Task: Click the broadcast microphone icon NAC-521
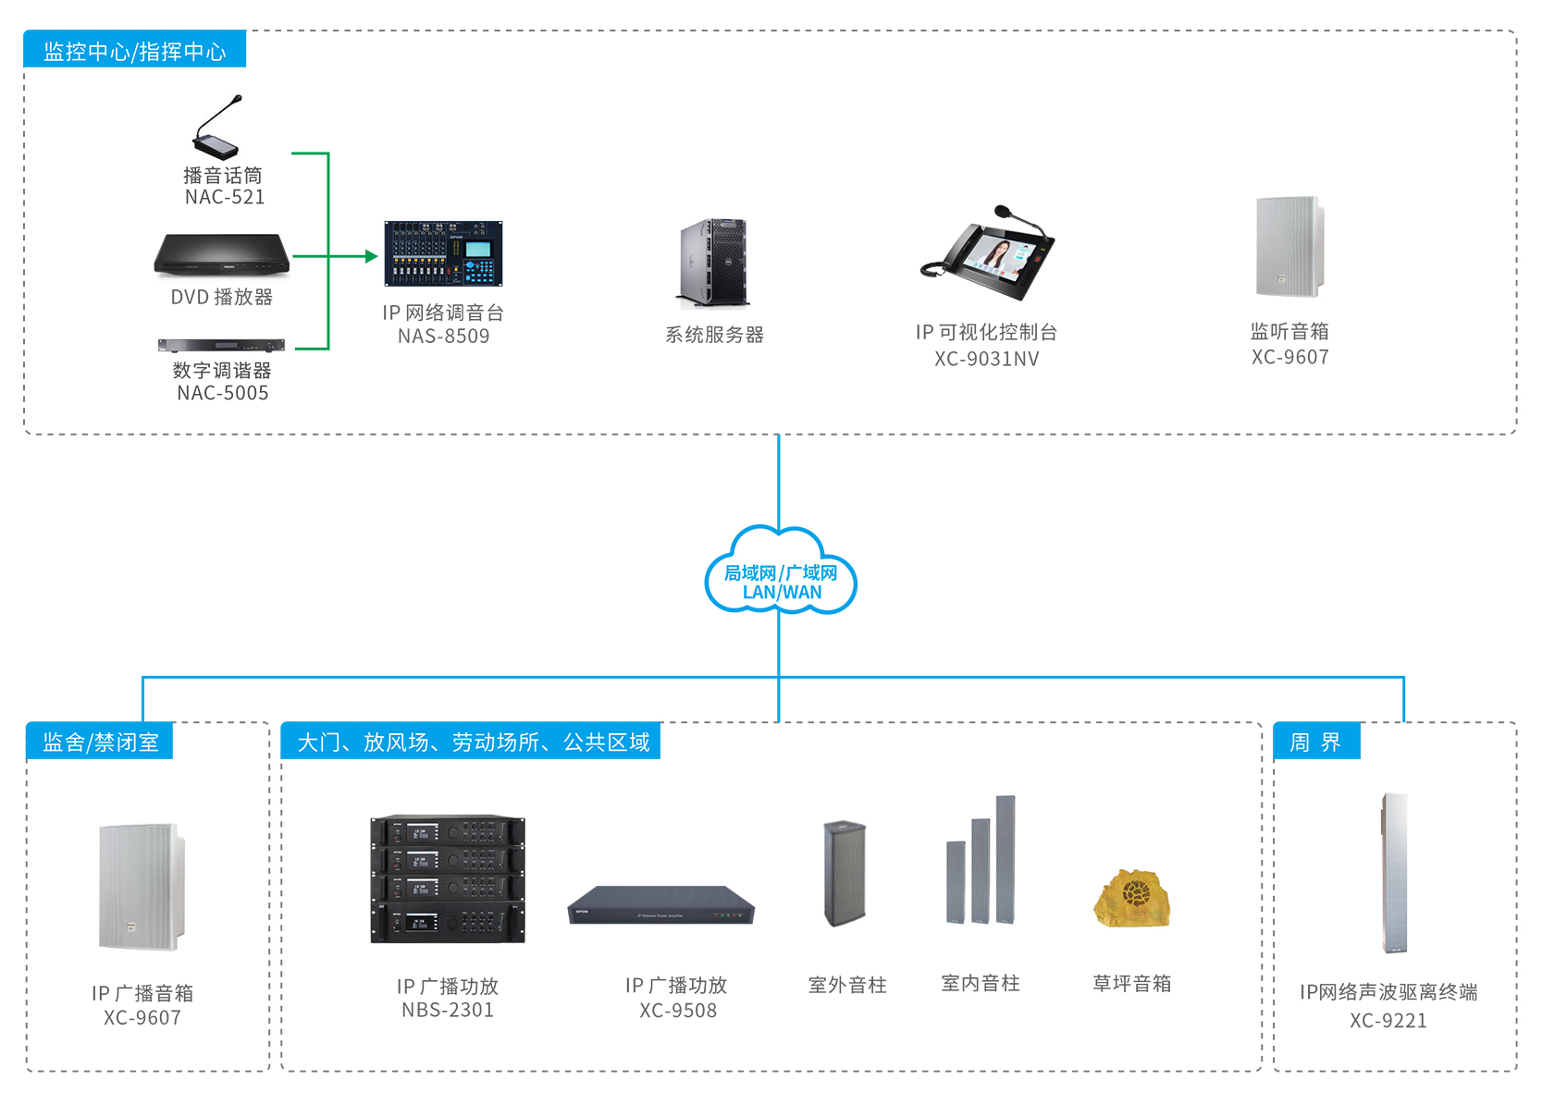218,129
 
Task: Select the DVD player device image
222,254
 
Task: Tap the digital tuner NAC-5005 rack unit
221,346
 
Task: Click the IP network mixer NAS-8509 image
443,254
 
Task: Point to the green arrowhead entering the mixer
372,256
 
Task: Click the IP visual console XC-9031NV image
987,255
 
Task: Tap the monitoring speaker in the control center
1289,246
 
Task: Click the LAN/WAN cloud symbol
780,573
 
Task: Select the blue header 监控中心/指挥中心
135,51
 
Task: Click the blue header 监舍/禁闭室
100,742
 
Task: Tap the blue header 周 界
1315,742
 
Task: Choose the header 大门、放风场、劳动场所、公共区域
472,742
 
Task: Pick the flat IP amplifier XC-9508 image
661,905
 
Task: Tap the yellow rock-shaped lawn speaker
1132,898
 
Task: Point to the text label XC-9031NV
986,359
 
